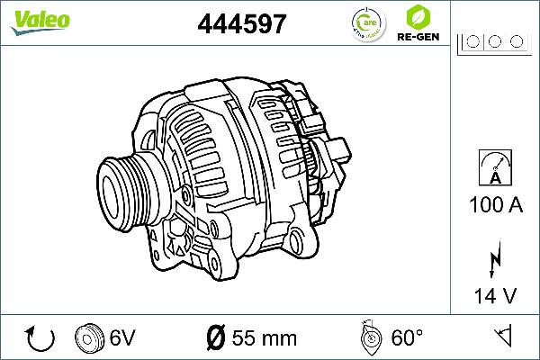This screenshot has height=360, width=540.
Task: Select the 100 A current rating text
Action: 495,205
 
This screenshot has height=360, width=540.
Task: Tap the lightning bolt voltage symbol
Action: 494,258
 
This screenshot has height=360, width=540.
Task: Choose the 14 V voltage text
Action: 494,294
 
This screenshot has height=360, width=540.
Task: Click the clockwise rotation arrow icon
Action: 41,338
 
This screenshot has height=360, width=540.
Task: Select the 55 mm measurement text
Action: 264,338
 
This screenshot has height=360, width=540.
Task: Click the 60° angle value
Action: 407,338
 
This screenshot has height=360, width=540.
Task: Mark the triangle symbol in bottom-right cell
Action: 505,337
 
